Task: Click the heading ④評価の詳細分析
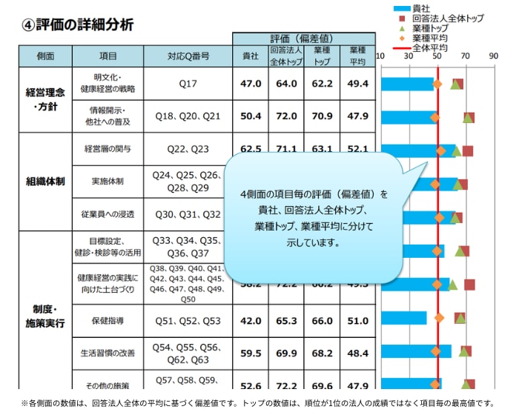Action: (78, 24)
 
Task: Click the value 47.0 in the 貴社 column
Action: (251, 84)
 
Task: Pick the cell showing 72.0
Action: (286, 116)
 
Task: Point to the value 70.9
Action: (323, 116)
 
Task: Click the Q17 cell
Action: (188, 84)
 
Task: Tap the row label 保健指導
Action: (108, 321)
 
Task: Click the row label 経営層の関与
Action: (108, 149)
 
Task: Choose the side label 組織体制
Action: (45, 182)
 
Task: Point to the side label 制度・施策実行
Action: (45, 316)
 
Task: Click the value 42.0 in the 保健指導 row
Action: (251, 321)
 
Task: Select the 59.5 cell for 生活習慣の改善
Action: (251, 353)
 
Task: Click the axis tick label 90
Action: (493, 56)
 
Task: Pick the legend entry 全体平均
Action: (430, 46)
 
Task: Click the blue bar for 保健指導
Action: (404, 318)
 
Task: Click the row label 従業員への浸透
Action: (108, 214)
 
